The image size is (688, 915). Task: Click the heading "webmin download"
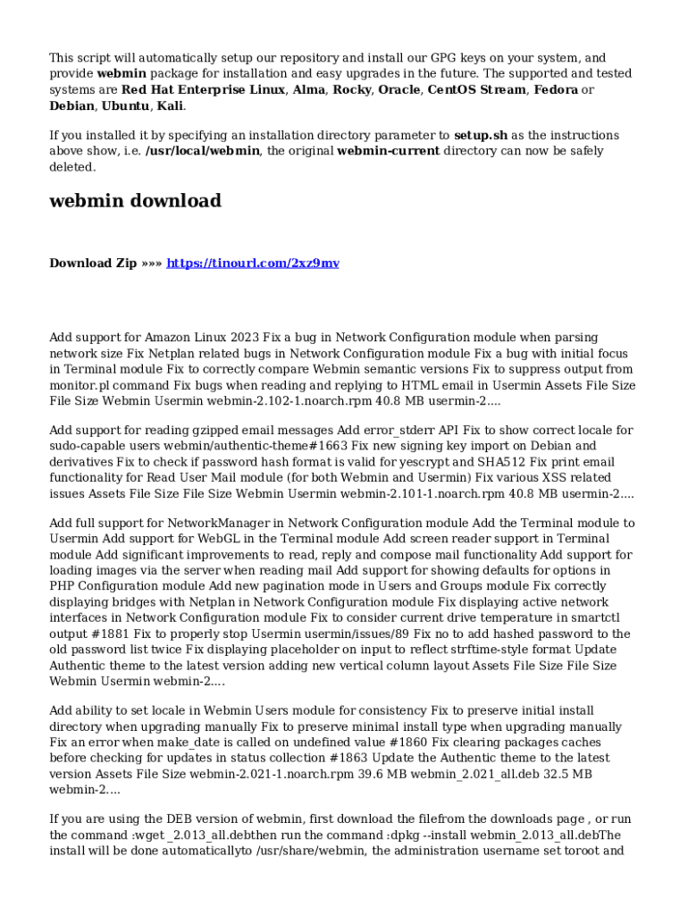135,201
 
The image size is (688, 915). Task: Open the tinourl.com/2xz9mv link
253,264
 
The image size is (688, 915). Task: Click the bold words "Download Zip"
93,264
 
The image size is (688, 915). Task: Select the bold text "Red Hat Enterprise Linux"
203,89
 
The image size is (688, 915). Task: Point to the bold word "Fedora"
555,89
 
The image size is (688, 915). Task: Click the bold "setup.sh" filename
481,136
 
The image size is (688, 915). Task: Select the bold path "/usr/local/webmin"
201,151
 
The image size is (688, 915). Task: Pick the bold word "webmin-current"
388,151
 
